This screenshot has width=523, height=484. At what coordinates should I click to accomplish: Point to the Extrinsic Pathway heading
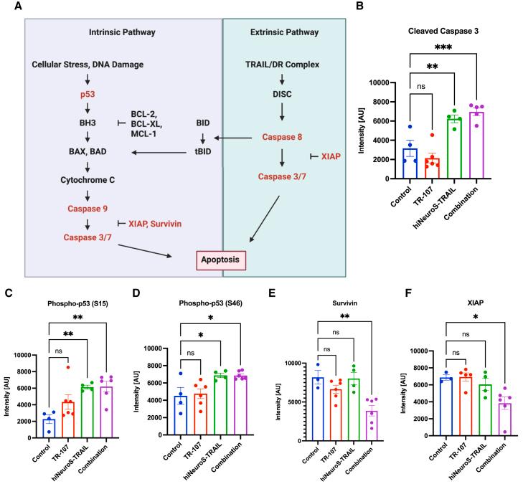tap(284, 32)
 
